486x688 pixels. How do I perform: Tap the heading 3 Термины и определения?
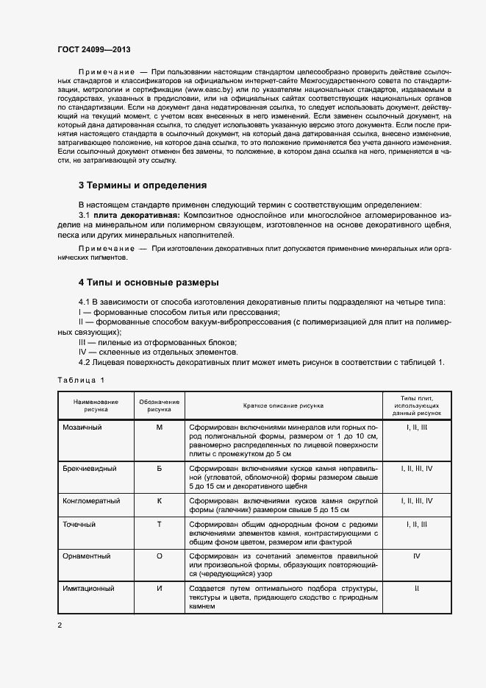[143, 185]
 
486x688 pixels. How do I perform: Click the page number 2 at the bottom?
[60, 625]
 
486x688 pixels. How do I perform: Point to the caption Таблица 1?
[81, 380]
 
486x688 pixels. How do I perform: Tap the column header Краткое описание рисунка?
[283, 405]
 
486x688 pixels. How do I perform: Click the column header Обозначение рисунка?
[160, 405]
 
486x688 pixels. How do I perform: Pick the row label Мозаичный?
[82, 427]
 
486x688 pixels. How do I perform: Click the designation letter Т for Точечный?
[160, 524]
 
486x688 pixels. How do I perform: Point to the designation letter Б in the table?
[160, 468]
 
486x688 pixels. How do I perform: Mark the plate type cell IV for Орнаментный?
[417, 556]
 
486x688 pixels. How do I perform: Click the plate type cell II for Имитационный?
[417, 589]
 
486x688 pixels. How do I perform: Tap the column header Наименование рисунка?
[96, 405]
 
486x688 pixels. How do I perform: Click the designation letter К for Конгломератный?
[160, 500]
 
